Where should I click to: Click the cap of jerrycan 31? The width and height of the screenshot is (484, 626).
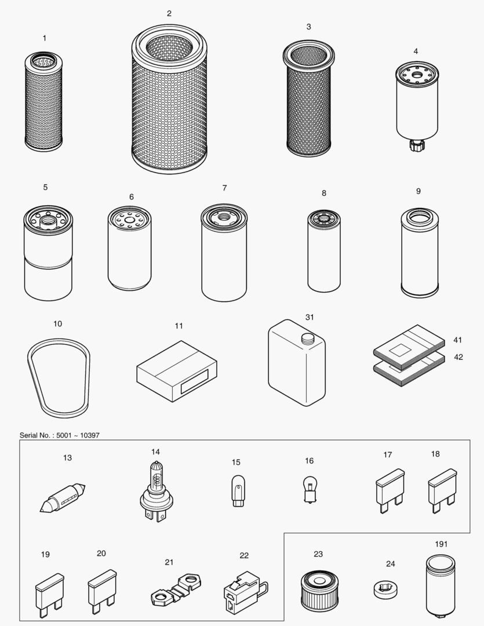306,339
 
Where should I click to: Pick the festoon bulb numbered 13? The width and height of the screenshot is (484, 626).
63,498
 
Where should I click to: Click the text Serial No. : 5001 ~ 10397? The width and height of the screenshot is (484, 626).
56,435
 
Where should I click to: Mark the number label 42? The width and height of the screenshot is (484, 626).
458,357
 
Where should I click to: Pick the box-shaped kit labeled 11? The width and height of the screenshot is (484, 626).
177,372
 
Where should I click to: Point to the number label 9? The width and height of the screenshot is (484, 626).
418,191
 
